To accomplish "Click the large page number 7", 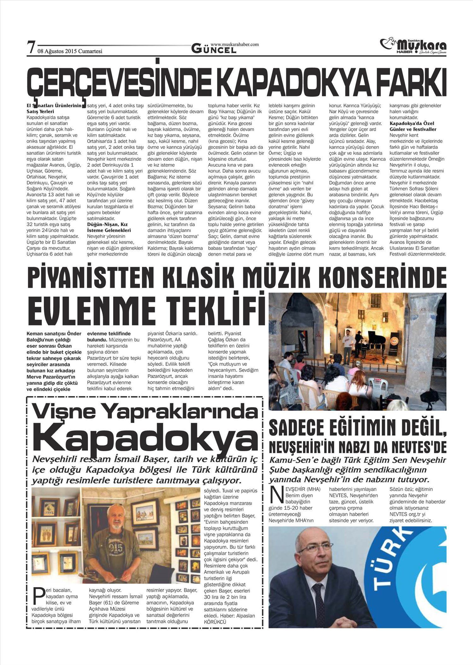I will [x=31, y=48].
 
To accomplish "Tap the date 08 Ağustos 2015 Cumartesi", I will [x=70, y=51].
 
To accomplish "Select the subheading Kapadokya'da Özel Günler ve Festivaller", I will [x=413, y=126].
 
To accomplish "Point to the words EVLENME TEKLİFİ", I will [x=145, y=310].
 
